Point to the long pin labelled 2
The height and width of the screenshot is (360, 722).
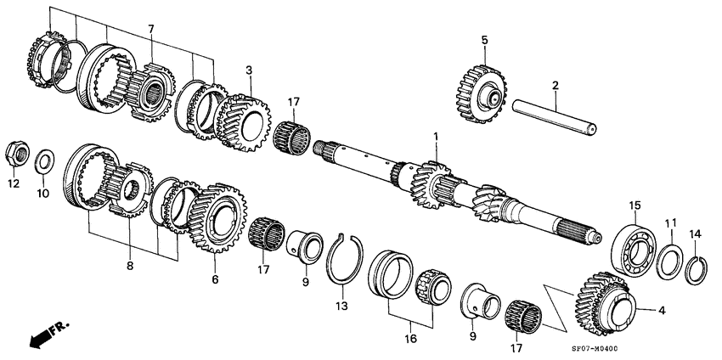pos(554,115)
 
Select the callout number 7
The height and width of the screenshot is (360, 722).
pos(151,30)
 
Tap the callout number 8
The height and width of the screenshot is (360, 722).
pos(130,266)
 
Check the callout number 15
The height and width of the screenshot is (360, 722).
pos(634,205)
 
